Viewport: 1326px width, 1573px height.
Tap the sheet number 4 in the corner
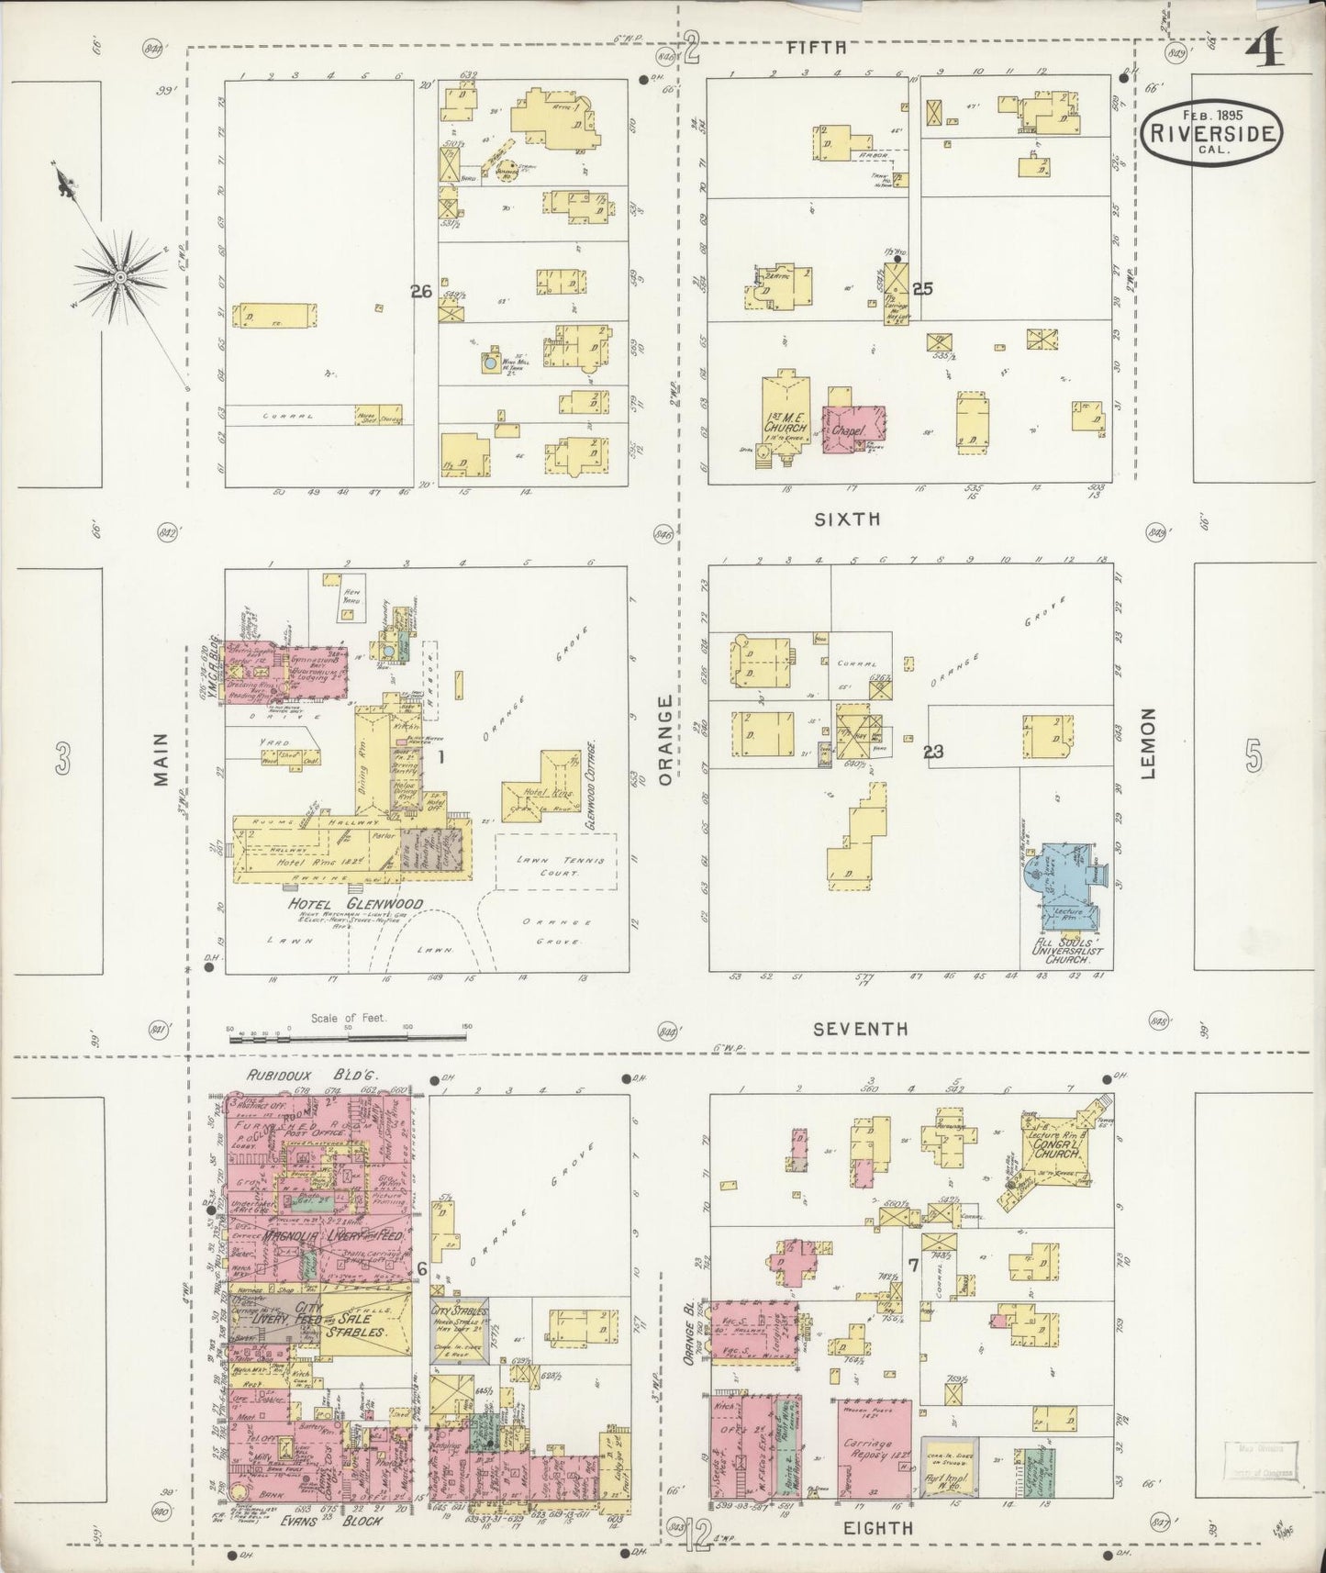pyautogui.click(x=1265, y=52)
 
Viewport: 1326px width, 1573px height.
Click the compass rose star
pyautogui.click(x=120, y=275)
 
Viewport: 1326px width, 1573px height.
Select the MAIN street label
pyautogui.click(x=162, y=760)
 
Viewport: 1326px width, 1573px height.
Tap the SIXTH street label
pyautogui.click(x=848, y=519)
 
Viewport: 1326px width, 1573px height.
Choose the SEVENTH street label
pyautogui.click(x=860, y=1030)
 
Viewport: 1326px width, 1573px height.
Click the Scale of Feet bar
pyautogui.click(x=348, y=1037)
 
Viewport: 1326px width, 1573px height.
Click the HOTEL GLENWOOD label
pyautogui.click(x=356, y=905)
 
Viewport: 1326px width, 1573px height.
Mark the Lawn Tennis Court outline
pyautogui.click(x=552, y=861)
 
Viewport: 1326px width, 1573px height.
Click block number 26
pyautogui.click(x=421, y=292)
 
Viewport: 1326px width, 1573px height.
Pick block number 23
pyautogui.click(x=933, y=753)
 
